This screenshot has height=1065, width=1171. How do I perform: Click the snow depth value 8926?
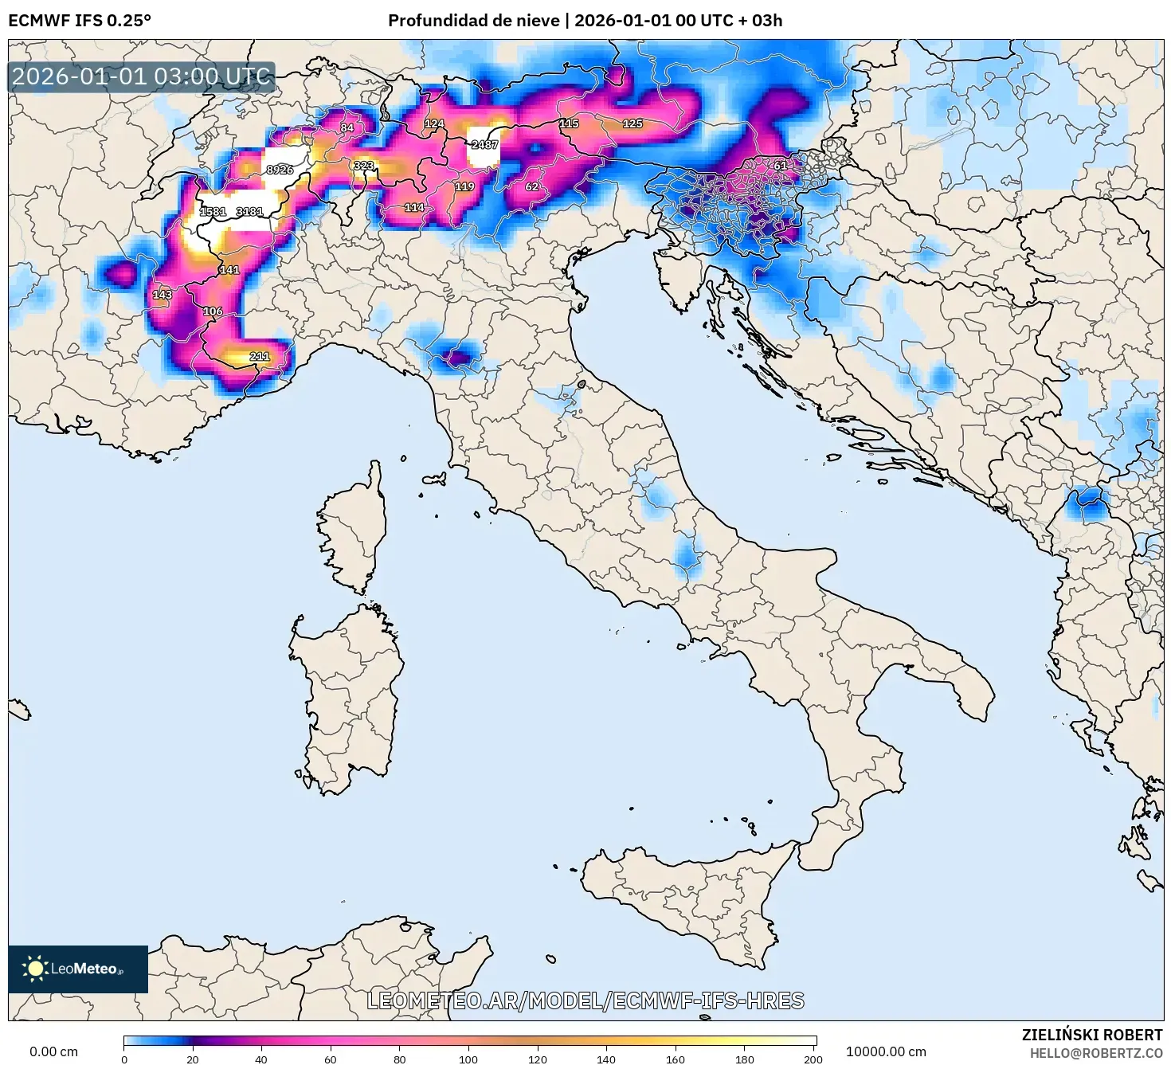pos(280,170)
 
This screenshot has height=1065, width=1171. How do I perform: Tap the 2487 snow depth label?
pos(484,145)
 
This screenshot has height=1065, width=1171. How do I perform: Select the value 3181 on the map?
pos(249,212)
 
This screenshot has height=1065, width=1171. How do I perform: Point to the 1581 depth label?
pos(213,212)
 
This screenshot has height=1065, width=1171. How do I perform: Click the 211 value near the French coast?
pos(259,356)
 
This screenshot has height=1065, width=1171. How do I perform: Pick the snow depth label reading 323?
pos(363,166)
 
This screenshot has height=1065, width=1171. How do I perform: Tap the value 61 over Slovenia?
pos(780,166)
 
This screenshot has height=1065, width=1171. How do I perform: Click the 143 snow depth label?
pos(162,295)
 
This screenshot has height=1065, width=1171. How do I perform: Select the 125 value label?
pos(632,123)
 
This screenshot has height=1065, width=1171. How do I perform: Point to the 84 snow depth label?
pos(347,127)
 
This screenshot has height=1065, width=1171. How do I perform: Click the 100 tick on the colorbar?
pos(468,1059)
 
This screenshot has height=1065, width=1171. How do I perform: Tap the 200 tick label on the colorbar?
pos(813,1059)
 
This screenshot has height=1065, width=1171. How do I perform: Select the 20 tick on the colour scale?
pos(193,1059)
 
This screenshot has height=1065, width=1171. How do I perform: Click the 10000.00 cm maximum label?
pos(886,1051)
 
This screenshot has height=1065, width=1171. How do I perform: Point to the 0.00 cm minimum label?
pos(54,1051)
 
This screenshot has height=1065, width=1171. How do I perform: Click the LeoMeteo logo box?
pos(78,969)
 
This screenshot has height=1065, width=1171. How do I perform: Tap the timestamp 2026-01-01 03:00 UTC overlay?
pos(141,77)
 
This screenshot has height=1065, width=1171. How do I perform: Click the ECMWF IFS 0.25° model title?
pos(80,21)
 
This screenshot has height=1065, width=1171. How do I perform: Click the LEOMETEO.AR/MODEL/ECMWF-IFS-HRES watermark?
pos(585,1000)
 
